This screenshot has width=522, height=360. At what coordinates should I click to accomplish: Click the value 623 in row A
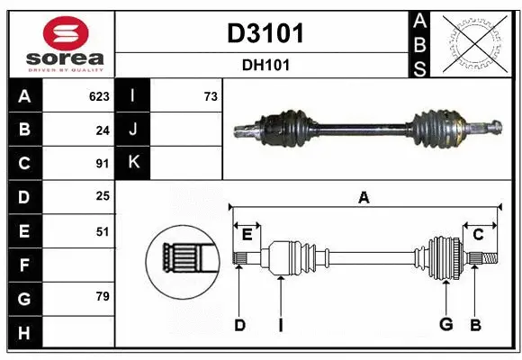pos(98,96)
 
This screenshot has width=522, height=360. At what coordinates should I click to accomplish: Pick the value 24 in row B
pos(102,130)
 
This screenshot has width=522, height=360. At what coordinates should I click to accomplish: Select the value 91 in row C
pos(102,164)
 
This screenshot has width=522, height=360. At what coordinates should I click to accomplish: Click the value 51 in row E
pos(102,231)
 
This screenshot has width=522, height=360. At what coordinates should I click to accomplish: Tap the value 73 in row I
pos(211,96)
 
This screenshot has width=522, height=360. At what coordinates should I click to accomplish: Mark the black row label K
pos(133,163)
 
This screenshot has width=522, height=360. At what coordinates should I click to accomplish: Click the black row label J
pos(133,130)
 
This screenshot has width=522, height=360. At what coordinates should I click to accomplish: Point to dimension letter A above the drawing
pos(364,198)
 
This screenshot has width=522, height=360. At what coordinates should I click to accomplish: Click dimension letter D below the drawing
pos(239,325)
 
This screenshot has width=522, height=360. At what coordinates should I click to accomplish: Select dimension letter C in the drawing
pos(478,234)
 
